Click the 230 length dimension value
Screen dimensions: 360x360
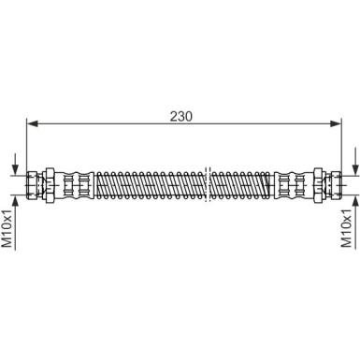point(181,116)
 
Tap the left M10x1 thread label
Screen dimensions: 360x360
point(7,229)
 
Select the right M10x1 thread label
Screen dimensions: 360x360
point(346,228)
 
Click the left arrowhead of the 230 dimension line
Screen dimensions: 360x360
point(33,123)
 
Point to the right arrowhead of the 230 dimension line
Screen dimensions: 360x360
point(336,123)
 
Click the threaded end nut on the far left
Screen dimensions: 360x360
point(32,185)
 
